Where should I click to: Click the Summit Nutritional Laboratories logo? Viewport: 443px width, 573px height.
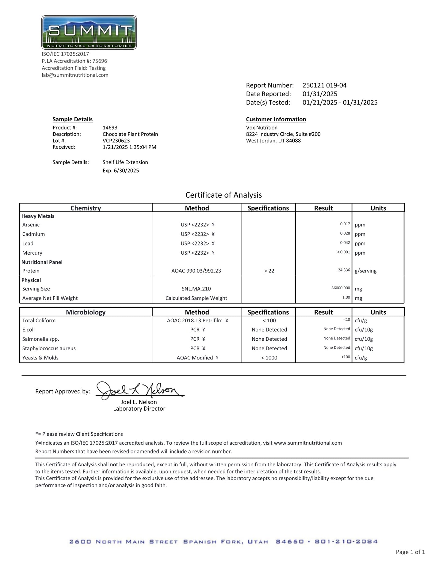click(x=89, y=32)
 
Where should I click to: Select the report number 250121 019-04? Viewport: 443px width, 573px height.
click(x=324, y=85)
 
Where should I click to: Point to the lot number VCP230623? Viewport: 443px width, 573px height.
click(x=116, y=141)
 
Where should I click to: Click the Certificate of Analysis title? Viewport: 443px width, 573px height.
click(x=223, y=195)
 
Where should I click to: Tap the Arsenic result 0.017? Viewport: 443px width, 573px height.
click(x=345, y=224)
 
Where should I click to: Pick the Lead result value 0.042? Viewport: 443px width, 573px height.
click(x=345, y=243)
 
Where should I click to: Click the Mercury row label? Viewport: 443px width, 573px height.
click(x=32, y=253)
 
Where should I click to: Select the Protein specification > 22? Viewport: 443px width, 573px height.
click(x=269, y=271)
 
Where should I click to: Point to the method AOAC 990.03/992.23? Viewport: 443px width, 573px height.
click(x=196, y=271)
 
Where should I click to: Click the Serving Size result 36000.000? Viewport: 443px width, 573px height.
click(x=341, y=288)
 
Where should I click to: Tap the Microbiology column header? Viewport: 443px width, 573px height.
click(x=86, y=312)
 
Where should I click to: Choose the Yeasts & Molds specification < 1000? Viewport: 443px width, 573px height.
click(x=269, y=358)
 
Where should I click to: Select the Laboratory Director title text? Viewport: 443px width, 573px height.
click(x=139, y=409)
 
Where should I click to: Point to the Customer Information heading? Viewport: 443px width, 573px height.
click(x=276, y=120)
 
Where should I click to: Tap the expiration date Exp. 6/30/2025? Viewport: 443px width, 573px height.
click(x=120, y=171)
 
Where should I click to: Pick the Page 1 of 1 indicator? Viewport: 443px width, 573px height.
click(x=410, y=552)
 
